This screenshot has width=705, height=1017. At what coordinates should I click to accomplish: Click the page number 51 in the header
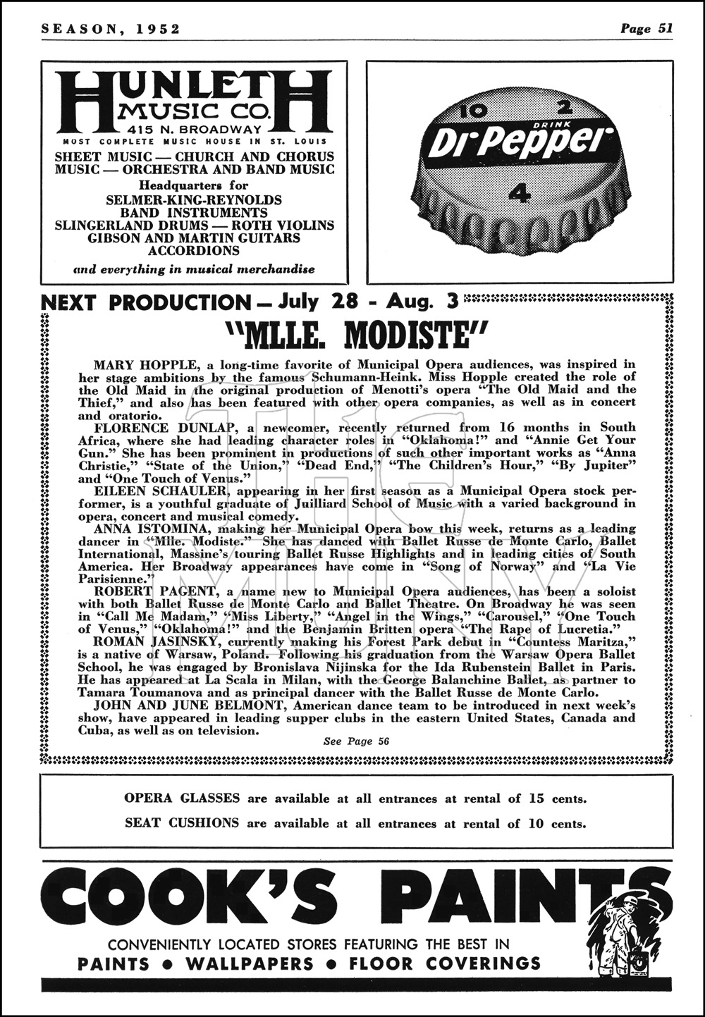point(665,28)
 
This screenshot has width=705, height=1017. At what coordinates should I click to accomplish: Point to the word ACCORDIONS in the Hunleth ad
point(194,250)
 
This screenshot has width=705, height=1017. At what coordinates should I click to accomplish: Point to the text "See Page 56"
point(355,741)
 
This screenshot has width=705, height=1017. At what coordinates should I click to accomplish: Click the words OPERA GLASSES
point(182,799)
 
